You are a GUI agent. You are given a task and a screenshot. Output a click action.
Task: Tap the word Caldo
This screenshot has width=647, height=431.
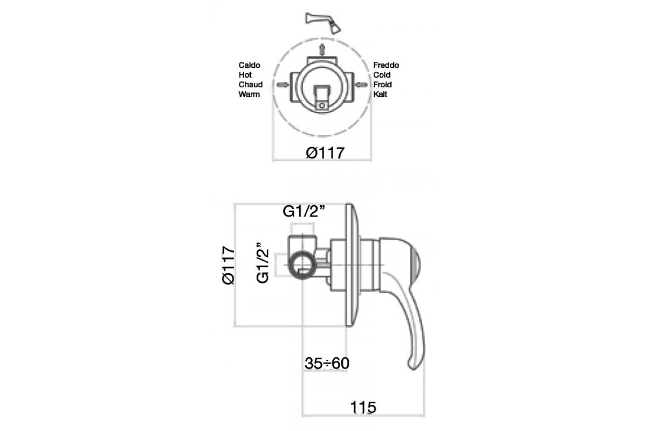(249, 65)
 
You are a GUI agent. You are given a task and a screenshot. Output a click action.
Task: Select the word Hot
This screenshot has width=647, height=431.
(245, 75)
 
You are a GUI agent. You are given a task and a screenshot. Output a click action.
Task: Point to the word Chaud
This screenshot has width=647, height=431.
(250, 85)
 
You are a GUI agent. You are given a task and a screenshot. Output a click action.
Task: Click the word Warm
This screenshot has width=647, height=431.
(249, 94)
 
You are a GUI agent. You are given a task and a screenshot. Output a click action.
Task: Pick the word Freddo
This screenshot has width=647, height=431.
(386, 65)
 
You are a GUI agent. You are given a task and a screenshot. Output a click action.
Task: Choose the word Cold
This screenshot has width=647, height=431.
(382, 75)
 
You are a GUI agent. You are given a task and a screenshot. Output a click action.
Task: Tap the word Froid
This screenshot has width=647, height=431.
(382, 85)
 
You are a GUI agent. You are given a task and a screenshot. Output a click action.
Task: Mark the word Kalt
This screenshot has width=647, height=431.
(380, 94)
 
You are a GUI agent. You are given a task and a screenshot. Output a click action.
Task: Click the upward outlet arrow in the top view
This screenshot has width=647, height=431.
(322, 49)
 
